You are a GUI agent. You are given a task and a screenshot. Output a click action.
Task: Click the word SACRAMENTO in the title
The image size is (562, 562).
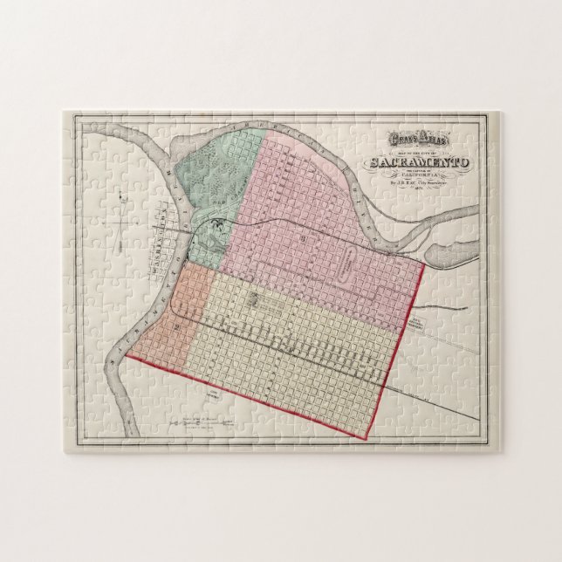coord(420,162)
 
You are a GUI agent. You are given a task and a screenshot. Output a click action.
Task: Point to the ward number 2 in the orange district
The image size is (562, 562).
coord(177,326)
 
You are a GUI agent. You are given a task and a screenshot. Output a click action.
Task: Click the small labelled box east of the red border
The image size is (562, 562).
coord(442,326)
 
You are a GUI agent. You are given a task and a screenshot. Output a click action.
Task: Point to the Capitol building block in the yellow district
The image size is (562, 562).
coord(253,302)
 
